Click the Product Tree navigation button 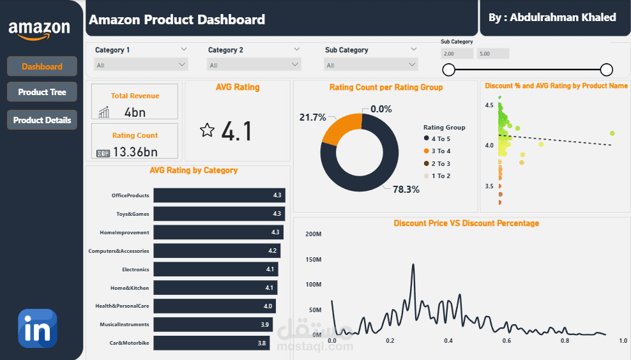(42, 92)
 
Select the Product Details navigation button (42, 120)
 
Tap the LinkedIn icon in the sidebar (38, 329)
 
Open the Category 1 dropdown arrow (184, 49)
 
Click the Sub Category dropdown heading (347, 50)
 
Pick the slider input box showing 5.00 (493, 54)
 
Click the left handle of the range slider (449, 70)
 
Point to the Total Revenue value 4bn (135, 112)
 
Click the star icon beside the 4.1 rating (207, 130)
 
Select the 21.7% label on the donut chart (312, 117)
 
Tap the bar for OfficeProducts (218, 195)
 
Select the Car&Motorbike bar (211, 343)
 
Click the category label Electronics (135, 269)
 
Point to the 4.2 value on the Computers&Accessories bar (273, 251)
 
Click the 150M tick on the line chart (313, 259)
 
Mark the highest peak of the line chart (413, 264)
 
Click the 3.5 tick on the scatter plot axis (490, 186)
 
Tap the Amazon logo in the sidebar (40, 29)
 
